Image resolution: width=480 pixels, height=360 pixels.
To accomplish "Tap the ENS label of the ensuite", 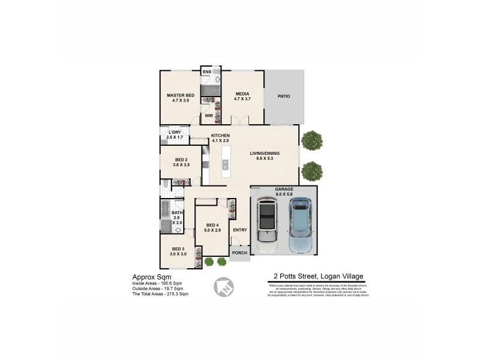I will pyautogui.click(x=206, y=72).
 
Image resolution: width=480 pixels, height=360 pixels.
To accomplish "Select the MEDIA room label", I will pyautogui.click(x=242, y=94).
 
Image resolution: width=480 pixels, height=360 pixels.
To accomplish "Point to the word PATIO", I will pyautogui.click(x=284, y=96).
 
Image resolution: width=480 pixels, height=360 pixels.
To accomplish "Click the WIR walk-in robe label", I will pyautogui.click(x=209, y=115).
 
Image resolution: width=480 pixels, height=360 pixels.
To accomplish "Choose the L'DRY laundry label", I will pyautogui.click(x=175, y=132).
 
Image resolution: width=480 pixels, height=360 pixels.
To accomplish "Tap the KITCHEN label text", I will pyautogui.click(x=220, y=136).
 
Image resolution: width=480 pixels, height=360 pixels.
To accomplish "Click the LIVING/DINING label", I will pyautogui.click(x=265, y=154).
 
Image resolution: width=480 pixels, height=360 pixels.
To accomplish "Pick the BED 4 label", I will pyautogui.click(x=213, y=225).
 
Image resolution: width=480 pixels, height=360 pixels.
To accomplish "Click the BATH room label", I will pyautogui.click(x=177, y=212).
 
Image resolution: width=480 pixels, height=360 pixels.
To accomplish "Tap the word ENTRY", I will pyautogui.click(x=239, y=230).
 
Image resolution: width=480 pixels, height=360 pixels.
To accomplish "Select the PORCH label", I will pyautogui.click(x=239, y=253).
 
